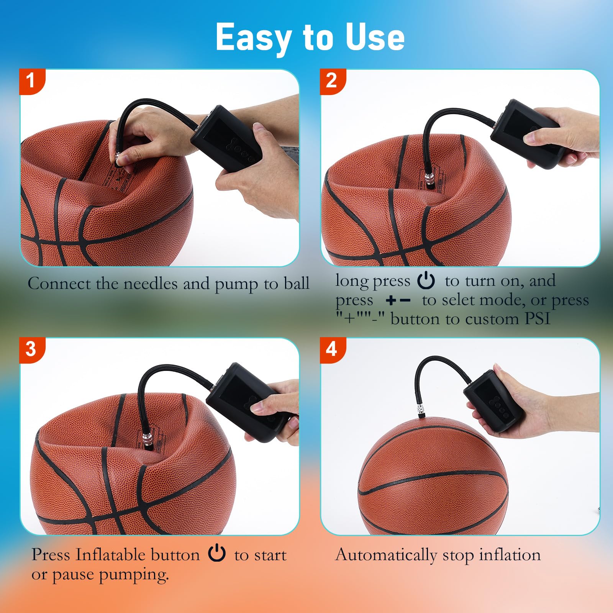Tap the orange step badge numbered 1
pyautogui.click(x=32, y=81)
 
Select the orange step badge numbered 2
pyautogui.click(x=332, y=81)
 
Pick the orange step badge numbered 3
pyautogui.click(x=32, y=350)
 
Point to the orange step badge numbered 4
pyautogui.click(x=332, y=350)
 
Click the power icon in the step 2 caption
pyautogui.click(x=426, y=280)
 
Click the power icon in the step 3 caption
pyautogui.click(x=217, y=553)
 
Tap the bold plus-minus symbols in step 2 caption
pyautogui.click(x=398, y=300)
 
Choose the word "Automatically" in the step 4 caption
pyautogui.click(x=386, y=555)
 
